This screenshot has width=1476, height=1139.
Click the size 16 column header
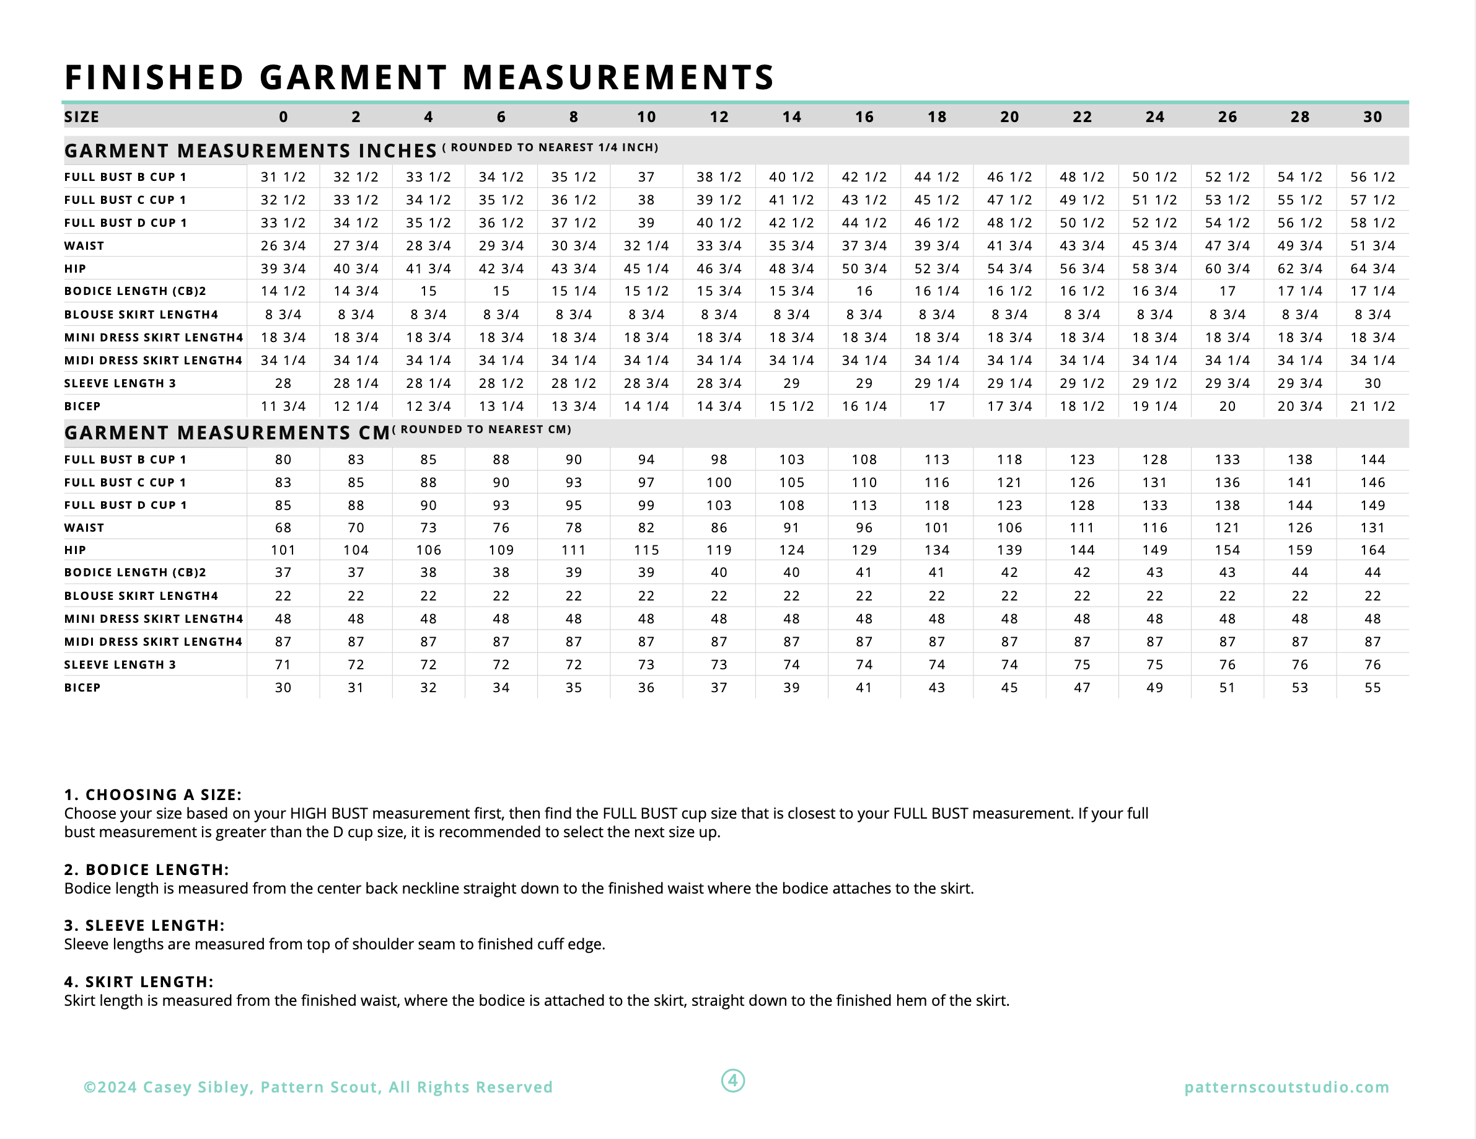pyautogui.click(x=864, y=117)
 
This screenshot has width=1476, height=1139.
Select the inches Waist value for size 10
pyautogui.click(x=646, y=246)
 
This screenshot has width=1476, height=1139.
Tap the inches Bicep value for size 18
pyautogui.click(x=937, y=407)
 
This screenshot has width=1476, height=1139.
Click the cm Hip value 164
pyautogui.click(x=1373, y=550)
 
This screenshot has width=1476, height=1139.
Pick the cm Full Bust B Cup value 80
pyautogui.click(x=283, y=460)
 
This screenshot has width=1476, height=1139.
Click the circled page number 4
pyautogui.click(x=733, y=1080)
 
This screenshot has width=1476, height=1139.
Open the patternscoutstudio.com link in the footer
pyautogui.click(x=1287, y=1087)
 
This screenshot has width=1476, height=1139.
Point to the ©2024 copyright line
pyautogui.click(x=318, y=1087)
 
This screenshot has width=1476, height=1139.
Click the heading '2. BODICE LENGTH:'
pyautogui.click(x=147, y=869)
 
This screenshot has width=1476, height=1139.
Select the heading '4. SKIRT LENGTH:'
pyautogui.click(x=139, y=982)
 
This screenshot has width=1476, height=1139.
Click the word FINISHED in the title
pyautogui.click(x=154, y=77)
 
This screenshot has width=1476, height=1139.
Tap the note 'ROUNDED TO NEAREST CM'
pyautogui.click(x=485, y=429)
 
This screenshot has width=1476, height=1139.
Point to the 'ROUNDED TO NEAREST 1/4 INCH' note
pyautogui.click(x=553, y=147)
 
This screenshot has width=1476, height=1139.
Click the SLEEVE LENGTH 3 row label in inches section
pyautogui.click(x=120, y=383)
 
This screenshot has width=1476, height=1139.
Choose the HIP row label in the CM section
pyautogui.click(x=75, y=550)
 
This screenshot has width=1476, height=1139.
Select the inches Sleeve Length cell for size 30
pyautogui.click(x=1373, y=383)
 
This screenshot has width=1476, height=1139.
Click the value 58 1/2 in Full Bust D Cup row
pyautogui.click(x=1373, y=223)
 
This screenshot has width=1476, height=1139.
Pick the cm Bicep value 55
pyautogui.click(x=1373, y=687)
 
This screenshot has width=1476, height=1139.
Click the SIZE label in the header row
pyautogui.click(x=82, y=117)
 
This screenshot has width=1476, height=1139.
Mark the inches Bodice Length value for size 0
pyautogui.click(x=283, y=291)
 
